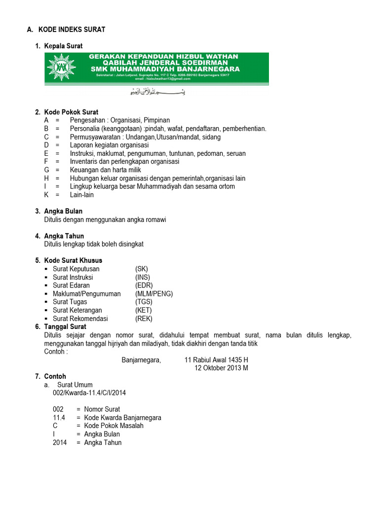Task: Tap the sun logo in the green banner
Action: tap(61, 67)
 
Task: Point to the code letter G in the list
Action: tap(46, 170)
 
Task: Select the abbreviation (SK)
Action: tap(142, 269)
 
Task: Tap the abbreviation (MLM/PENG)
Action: tap(154, 294)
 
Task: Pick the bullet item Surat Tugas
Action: tap(70, 302)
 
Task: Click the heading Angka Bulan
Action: tap(63, 211)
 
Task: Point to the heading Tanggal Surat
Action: tap(65, 326)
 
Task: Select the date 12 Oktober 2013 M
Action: tap(221, 368)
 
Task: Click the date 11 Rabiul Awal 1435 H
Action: tap(216, 360)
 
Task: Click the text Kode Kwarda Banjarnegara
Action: tap(122, 418)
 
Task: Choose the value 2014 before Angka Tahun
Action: tap(60, 442)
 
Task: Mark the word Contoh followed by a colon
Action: tap(56, 352)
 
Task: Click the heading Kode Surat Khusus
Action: tap(73, 260)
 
